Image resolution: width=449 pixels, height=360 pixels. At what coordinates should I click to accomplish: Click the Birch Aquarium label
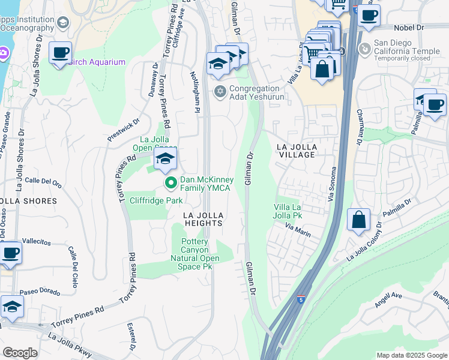click(97, 62)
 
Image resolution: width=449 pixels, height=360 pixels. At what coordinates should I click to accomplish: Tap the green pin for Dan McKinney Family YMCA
click(170, 182)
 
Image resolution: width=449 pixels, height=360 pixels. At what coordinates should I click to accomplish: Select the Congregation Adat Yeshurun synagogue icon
click(220, 91)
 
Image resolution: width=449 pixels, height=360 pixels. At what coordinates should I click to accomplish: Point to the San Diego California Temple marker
click(364, 48)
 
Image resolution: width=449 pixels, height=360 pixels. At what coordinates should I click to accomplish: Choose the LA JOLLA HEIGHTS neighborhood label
click(203, 219)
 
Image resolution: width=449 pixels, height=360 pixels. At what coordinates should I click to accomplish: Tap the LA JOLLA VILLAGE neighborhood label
click(295, 151)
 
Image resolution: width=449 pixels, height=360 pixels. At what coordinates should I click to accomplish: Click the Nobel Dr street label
click(409, 28)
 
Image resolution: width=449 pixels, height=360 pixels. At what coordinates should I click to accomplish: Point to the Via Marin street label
click(298, 230)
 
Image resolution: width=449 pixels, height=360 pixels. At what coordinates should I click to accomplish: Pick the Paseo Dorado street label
click(40, 292)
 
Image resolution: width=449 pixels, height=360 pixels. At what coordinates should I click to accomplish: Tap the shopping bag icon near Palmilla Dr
click(358, 220)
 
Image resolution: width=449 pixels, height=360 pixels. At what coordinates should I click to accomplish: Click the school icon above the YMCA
click(165, 159)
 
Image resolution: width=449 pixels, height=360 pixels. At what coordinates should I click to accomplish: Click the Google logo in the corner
click(20, 353)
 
